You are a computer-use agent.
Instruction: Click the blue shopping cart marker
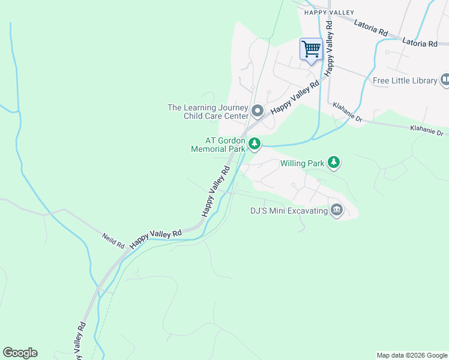[x=311, y=49]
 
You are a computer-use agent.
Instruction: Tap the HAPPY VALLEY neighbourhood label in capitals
[x=329, y=12]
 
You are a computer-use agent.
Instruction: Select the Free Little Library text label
[x=405, y=80]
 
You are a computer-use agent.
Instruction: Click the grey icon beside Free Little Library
[x=445, y=79]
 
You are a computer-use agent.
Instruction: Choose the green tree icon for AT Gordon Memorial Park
[x=255, y=143]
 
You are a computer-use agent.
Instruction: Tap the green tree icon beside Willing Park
[x=334, y=162]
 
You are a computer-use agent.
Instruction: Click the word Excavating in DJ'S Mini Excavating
[x=306, y=211]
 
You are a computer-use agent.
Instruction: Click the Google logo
[x=20, y=353]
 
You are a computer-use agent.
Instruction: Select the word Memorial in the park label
[x=209, y=148]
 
